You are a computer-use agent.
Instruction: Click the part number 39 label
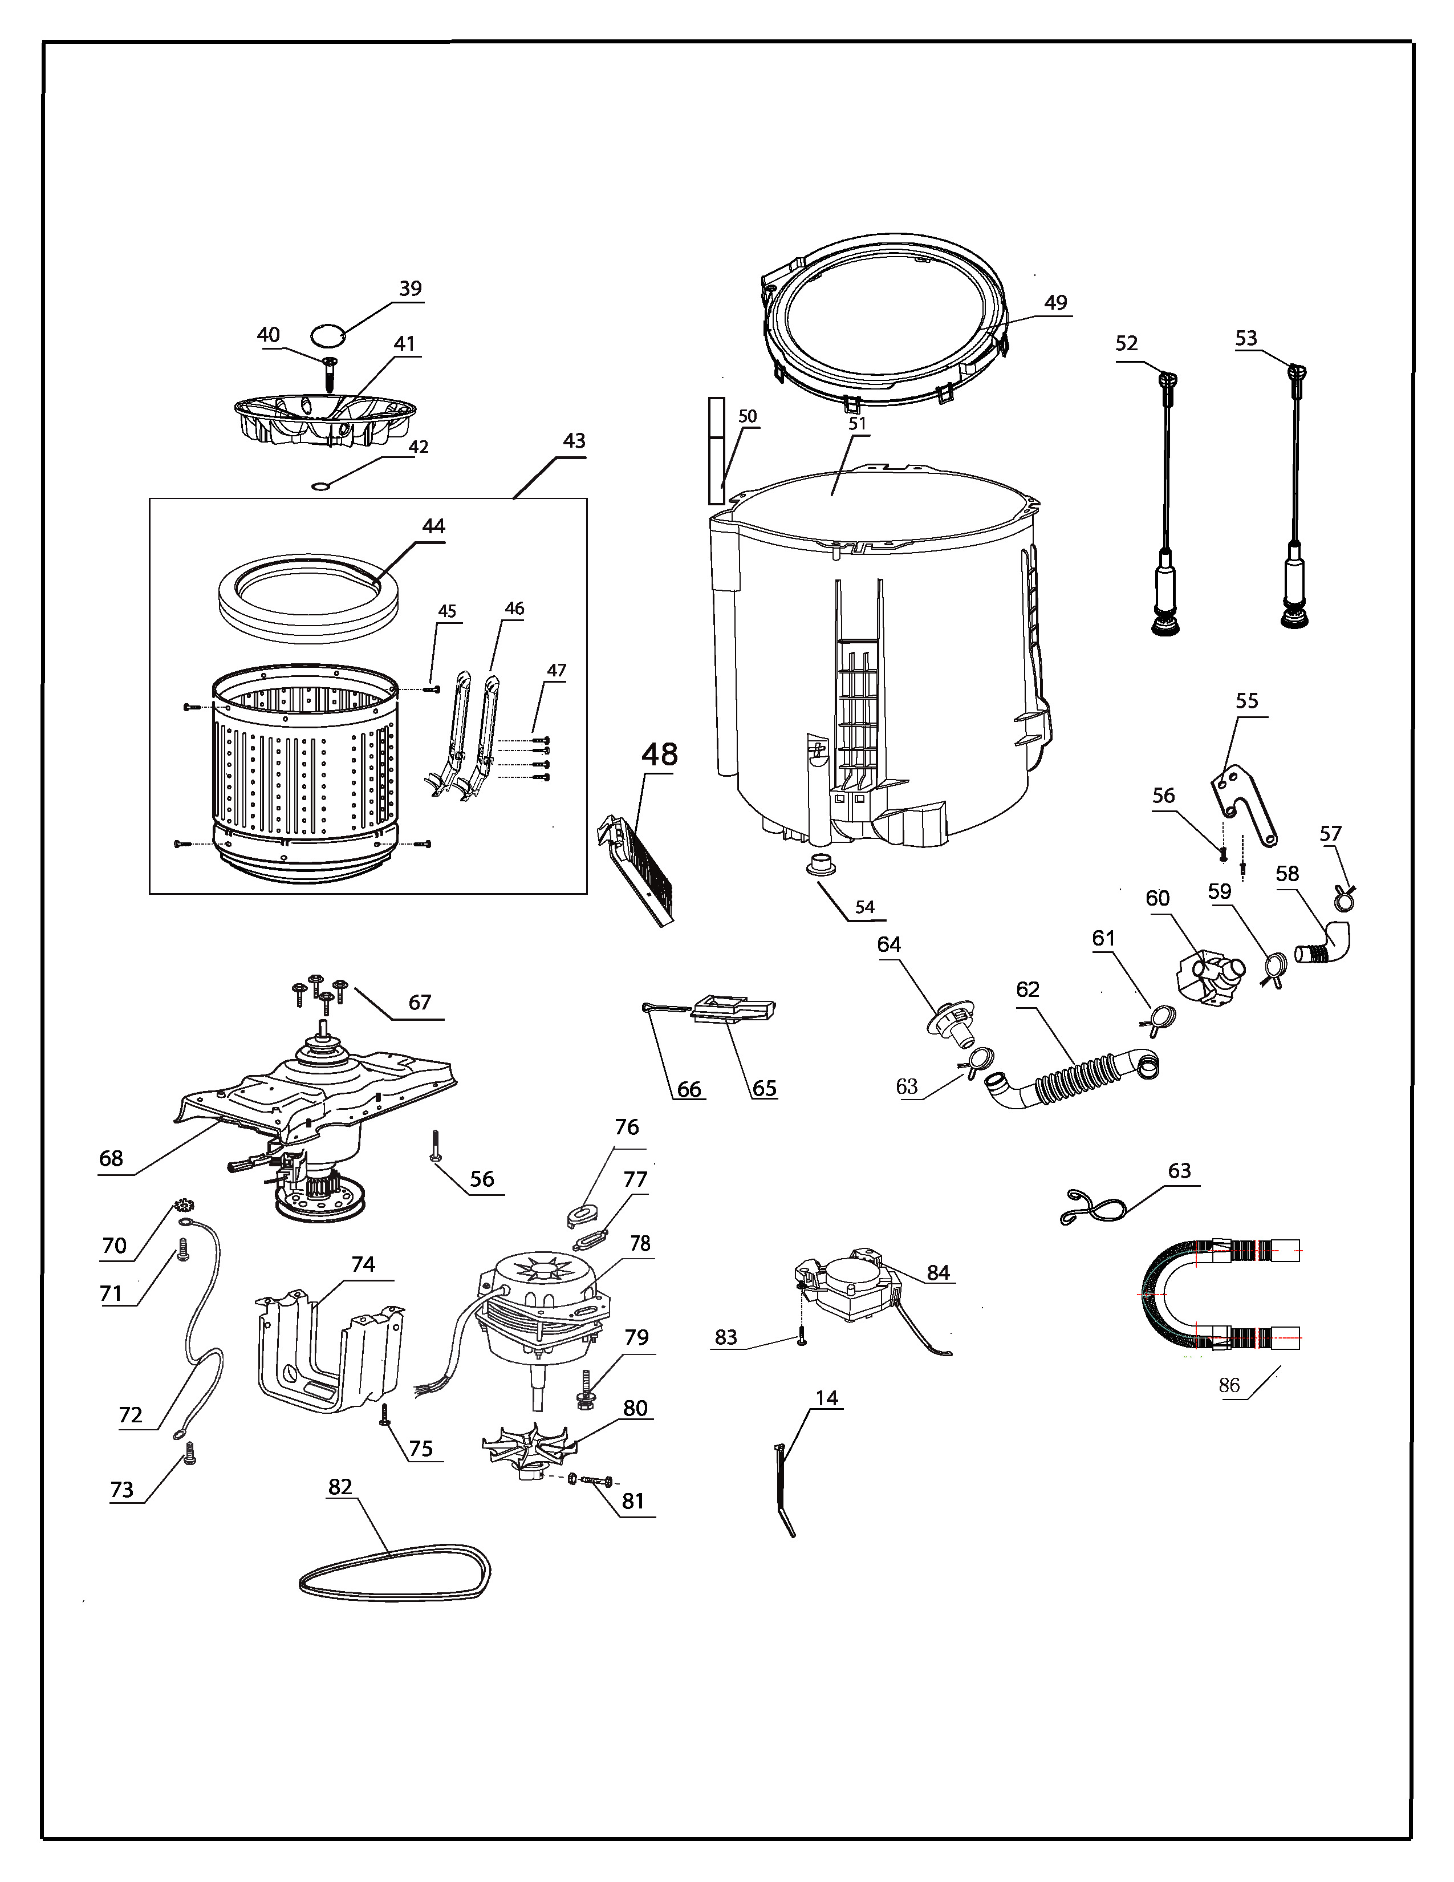[410, 289]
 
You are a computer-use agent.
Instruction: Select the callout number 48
[660, 755]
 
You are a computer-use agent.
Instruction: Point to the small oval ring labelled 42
[320, 488]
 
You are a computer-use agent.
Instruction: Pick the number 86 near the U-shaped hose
[1229, 1385]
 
